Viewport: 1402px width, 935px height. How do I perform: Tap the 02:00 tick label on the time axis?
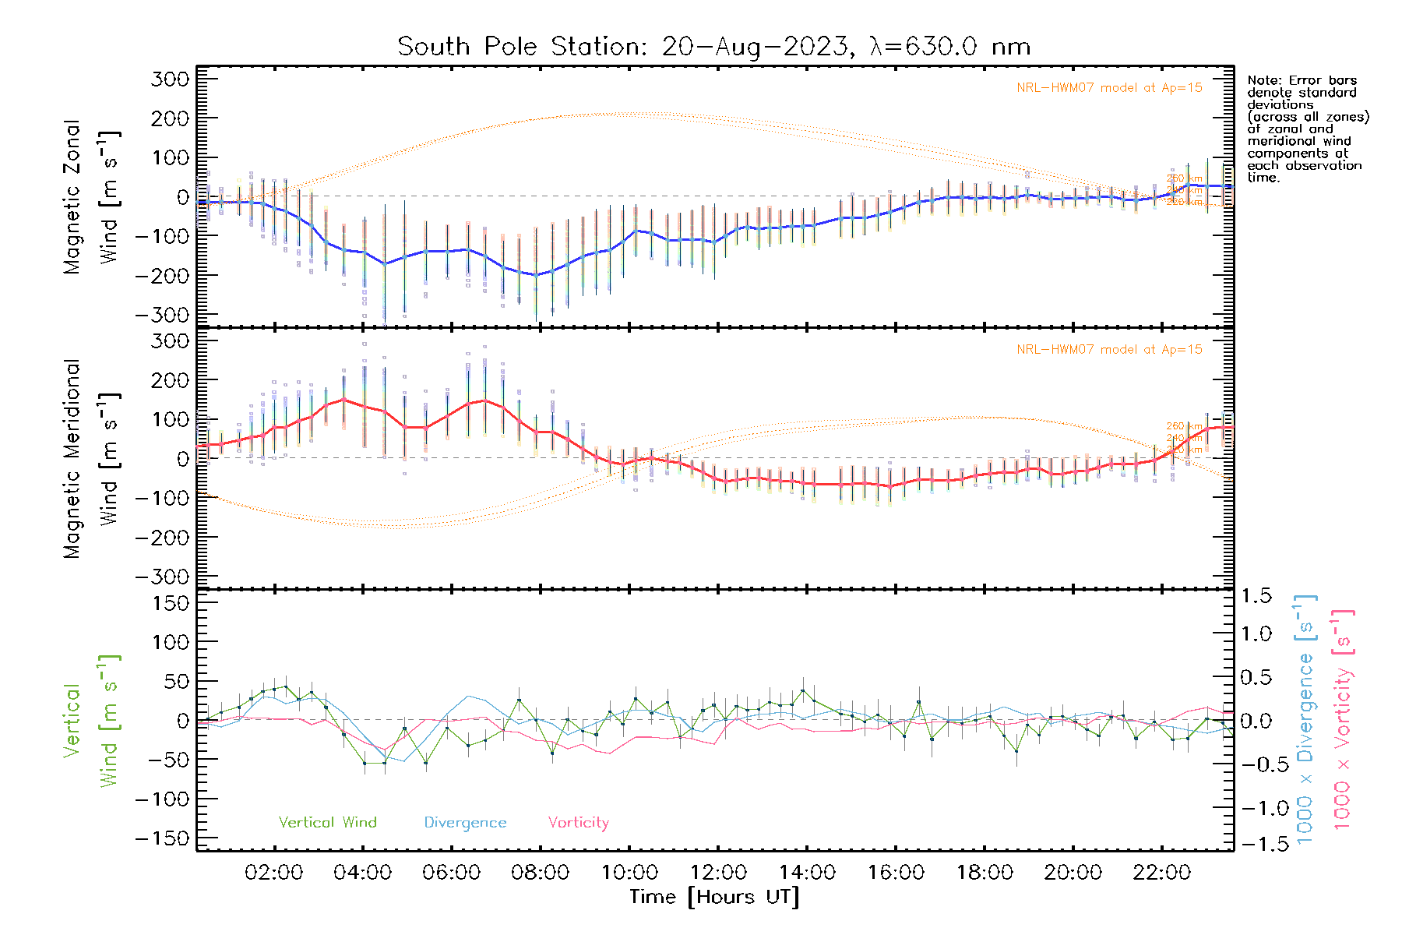click(273, 873)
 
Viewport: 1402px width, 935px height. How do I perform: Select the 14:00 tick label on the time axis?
click(807, 873)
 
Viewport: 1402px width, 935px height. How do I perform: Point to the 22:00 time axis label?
click(1161, 873)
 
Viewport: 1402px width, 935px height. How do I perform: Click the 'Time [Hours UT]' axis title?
click(714, 897)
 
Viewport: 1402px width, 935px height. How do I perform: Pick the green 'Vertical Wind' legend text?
click(327, 822)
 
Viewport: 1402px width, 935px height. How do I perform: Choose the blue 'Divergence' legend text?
click(465, 823)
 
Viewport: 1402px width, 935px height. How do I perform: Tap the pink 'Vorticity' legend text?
click(578, 822)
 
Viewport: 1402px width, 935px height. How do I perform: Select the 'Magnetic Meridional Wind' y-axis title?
click(91, 459)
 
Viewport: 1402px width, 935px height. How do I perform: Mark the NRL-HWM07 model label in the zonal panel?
click(1109, 88)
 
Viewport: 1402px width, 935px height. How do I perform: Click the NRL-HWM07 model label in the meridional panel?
click(1109, 350)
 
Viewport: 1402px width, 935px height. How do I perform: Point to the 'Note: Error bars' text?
click(1302, 81)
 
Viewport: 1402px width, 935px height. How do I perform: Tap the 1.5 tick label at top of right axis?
click(1256, 596)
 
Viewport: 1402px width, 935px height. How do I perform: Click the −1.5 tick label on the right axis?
click(1256, 844)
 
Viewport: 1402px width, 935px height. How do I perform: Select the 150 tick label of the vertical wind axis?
click(171, 603)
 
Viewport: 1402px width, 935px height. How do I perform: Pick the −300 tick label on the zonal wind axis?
click(162, 316)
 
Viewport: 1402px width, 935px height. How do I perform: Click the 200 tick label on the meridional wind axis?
click(171, 380)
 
